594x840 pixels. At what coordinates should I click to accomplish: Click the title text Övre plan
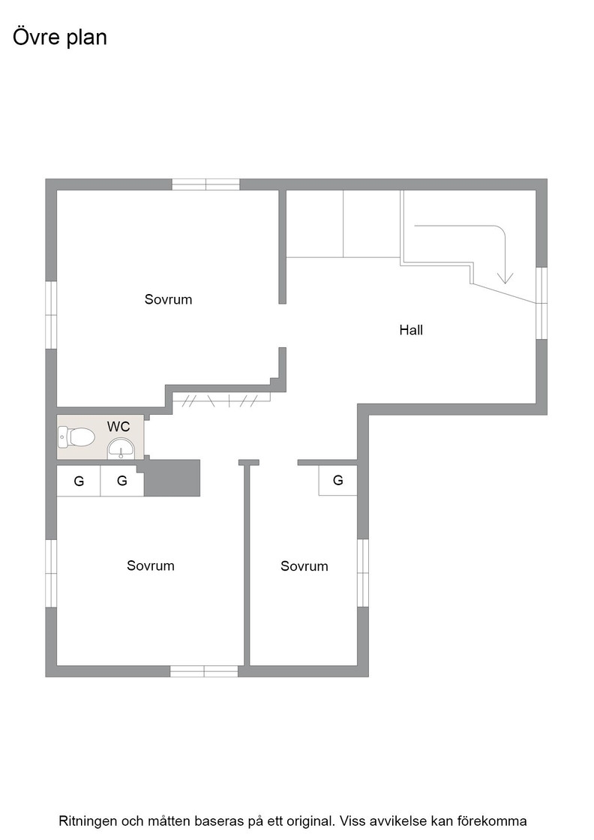(x=60, y=37)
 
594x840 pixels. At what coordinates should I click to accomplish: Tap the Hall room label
(x=411, y=330)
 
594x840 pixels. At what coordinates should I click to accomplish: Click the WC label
(x=118, y=427)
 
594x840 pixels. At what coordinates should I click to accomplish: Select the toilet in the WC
(x=76, y=437)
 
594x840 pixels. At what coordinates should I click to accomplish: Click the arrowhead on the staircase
(x=505, y=277)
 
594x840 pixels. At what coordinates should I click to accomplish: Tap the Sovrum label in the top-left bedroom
(x=168, y=299)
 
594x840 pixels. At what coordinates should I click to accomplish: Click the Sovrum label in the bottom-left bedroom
(x=151, y=565)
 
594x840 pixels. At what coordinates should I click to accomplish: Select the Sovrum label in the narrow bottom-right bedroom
(x=304, y=566)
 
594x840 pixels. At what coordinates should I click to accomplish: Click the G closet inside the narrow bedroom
(x=338, y=480)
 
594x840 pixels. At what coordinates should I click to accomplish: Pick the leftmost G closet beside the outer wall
(x=79, y=481)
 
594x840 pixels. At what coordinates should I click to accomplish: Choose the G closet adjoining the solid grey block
(x=122, y=481)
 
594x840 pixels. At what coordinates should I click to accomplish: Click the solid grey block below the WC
(x=172, y=478)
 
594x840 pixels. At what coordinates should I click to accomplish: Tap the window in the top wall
(x=205, y=184)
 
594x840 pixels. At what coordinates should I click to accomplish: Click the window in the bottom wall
(x=204, y=671)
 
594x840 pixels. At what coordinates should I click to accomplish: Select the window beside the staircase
(x=541, y=303)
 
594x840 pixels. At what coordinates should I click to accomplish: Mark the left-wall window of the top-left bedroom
(x=51, y=315)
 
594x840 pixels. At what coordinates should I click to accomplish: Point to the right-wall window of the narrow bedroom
(x=362, y=573)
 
